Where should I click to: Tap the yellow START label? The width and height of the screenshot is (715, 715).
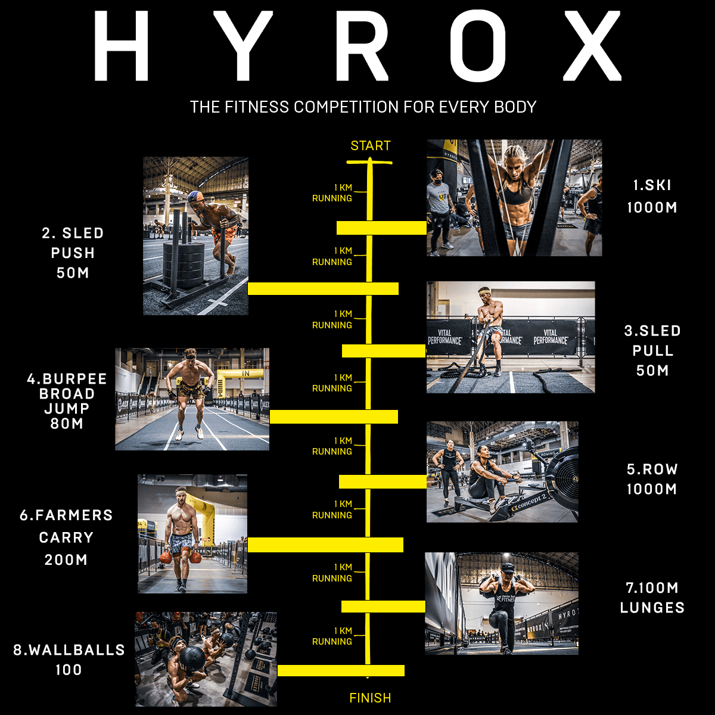[370, 146]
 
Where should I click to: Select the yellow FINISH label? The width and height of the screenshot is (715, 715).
[370, 698]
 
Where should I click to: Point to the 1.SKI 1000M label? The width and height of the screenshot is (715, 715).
[652, 196]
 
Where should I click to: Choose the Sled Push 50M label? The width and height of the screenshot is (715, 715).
[73, 253]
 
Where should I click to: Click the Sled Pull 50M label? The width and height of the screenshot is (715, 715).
[652, 350]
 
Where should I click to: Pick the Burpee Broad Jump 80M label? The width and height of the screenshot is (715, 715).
[67, 401]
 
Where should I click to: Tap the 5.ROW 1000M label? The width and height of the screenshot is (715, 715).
[652, 479]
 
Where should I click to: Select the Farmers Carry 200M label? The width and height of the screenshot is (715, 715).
[66, 537]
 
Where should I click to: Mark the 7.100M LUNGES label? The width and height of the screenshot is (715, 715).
[652, 598]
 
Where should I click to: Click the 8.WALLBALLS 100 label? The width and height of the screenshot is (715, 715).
[69, 659]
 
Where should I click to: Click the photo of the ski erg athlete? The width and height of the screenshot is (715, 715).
[514, 198]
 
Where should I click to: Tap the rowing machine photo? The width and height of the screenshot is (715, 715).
[502, 472]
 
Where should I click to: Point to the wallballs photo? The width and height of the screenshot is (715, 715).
[206, 658]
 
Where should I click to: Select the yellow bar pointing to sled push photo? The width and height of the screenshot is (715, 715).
[323, 289]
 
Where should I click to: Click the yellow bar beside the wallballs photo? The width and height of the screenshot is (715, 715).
[341, 670]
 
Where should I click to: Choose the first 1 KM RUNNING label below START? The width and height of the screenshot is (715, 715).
[332, 193]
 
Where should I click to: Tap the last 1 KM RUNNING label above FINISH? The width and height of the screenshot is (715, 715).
[332, 636]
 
